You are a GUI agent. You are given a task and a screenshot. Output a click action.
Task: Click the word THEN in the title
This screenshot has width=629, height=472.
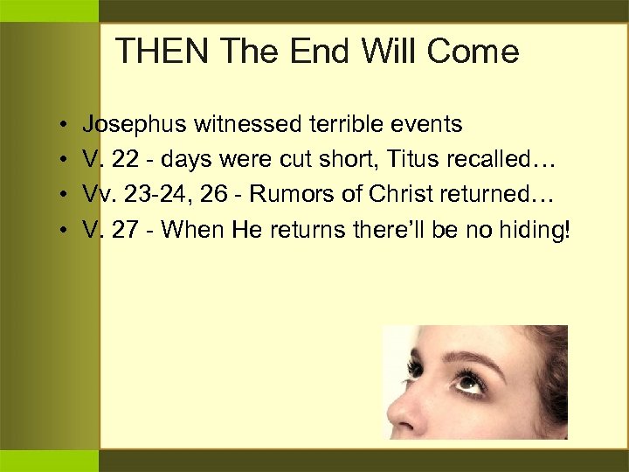[x=162, y=52]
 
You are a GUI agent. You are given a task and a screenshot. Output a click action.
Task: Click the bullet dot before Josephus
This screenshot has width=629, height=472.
[x=66, y=126]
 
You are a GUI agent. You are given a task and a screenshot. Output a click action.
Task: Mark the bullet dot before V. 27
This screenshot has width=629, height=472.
[x=66, y=231]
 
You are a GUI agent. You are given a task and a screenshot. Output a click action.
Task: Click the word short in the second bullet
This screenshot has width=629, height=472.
[x=365, y=160]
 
